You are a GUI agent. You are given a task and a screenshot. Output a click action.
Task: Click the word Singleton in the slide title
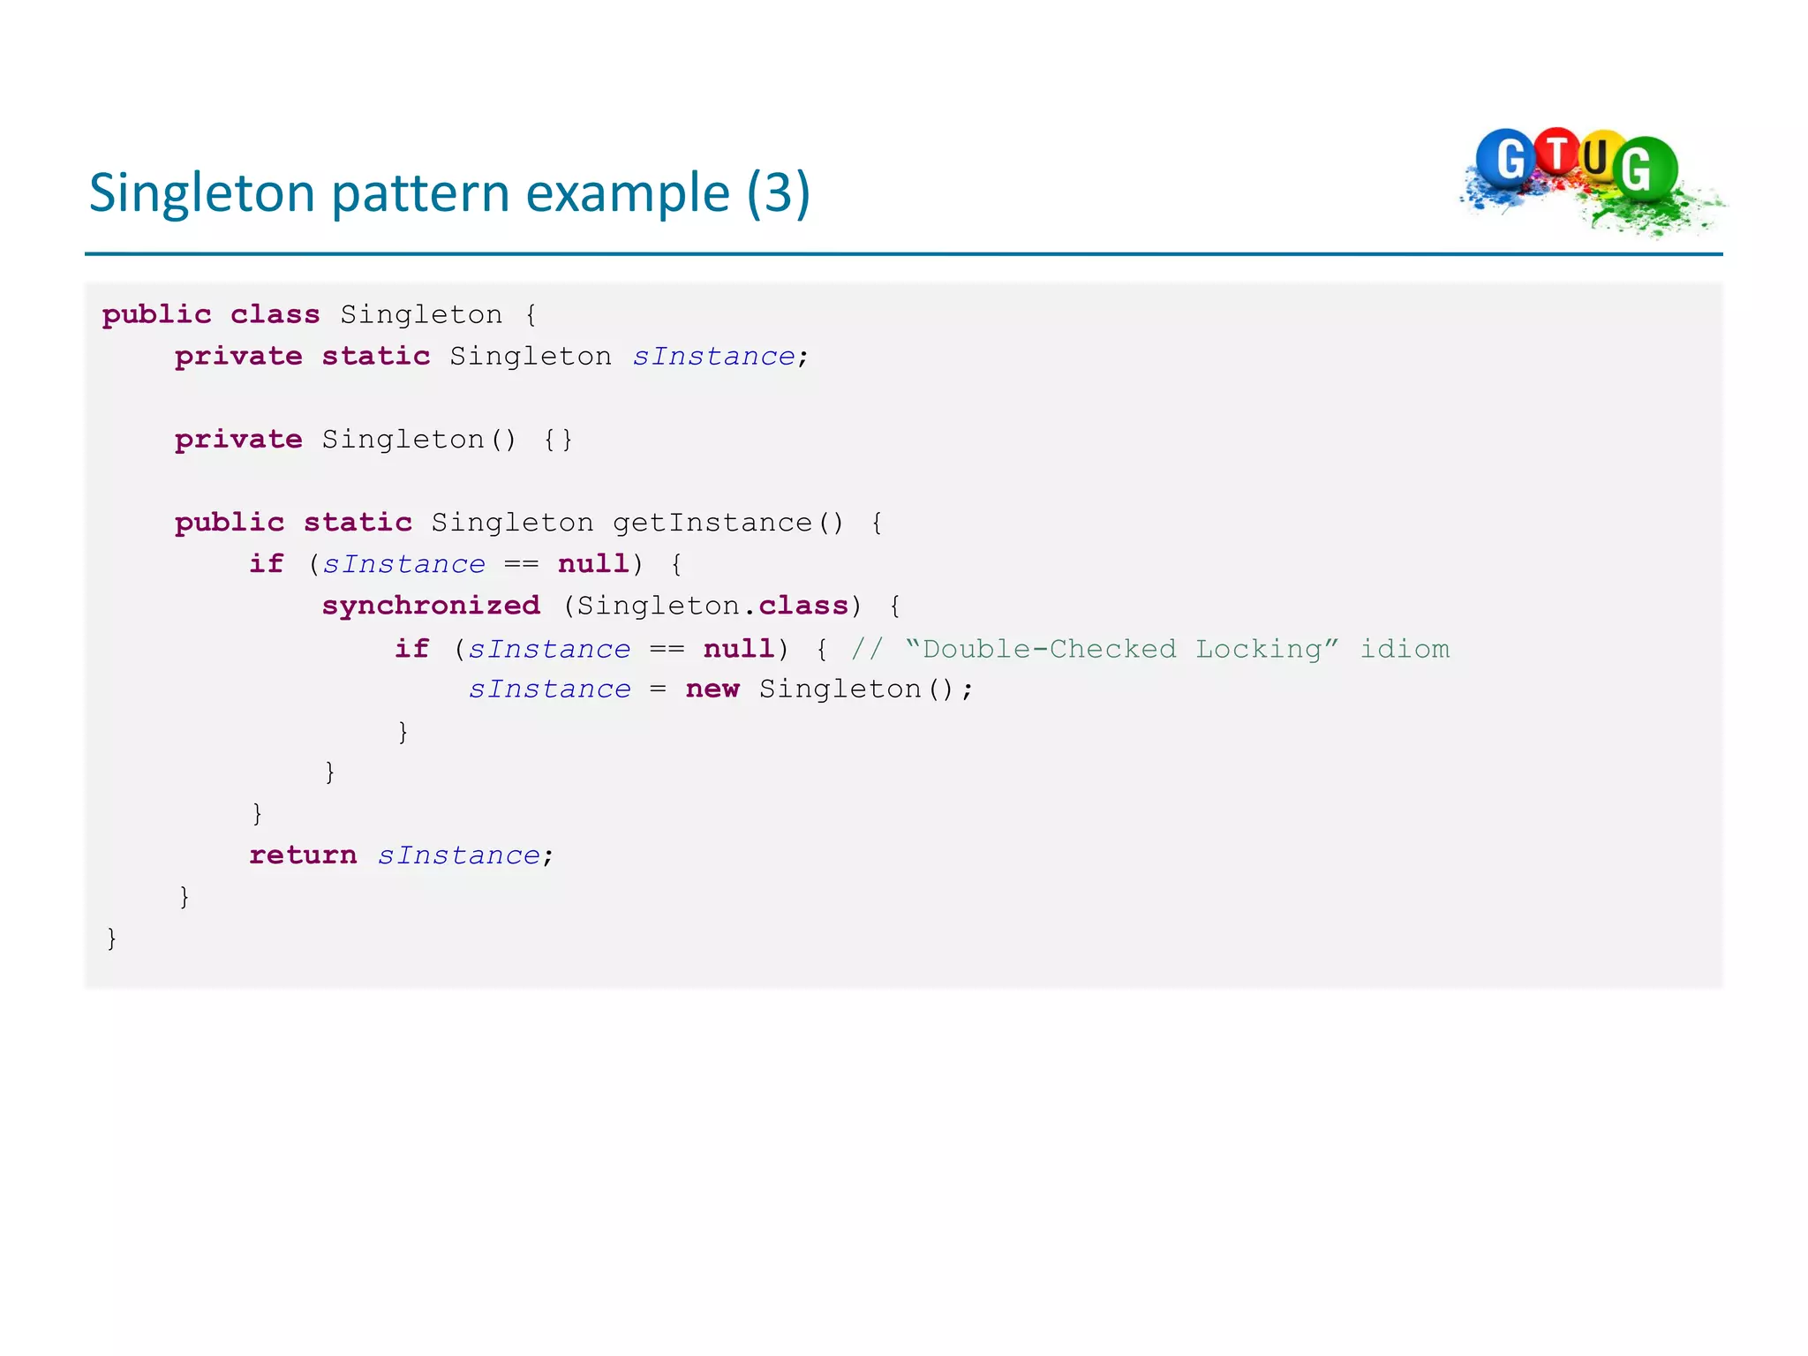point(201,193)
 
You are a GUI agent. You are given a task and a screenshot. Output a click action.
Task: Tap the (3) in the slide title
point(778,193)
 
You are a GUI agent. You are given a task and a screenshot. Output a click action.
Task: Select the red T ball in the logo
point(1557,152)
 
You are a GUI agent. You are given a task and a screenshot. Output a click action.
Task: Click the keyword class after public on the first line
point(275,314)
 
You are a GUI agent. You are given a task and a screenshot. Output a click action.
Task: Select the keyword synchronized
point(431,606)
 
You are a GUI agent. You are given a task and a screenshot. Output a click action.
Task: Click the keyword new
point(712,689)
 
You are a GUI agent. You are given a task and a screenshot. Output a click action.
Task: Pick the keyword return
point(303,855)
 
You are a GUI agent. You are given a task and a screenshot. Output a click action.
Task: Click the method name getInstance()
point(728,523)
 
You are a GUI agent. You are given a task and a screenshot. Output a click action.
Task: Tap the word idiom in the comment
point(1405,649)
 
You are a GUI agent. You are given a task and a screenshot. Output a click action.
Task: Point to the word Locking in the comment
point(1258,649)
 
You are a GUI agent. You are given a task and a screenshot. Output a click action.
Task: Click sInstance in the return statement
point(459,855)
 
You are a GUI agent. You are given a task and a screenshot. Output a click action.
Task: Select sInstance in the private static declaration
point(714,356)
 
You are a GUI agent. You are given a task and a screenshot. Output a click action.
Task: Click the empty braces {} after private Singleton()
point(558,439)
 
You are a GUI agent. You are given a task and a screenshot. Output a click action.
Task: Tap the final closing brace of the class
point(111,938)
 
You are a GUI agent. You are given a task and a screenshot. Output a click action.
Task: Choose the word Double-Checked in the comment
point(1049,649)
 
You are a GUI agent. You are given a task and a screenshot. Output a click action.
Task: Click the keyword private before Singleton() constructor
point(238,439)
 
